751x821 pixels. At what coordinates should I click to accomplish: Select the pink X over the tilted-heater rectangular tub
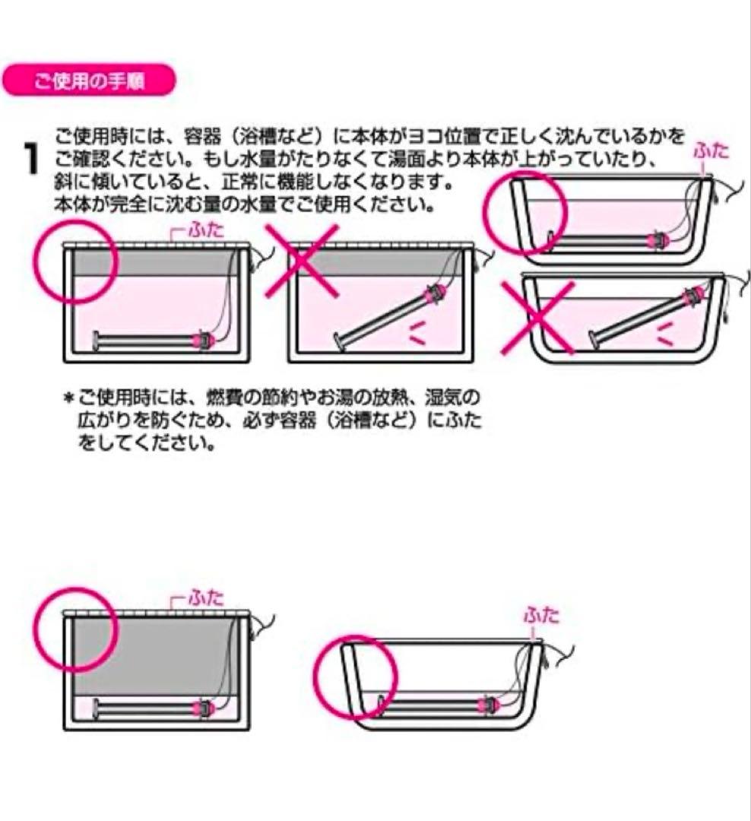(x=303, y=261)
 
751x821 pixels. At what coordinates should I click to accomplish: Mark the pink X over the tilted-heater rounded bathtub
(x=537, y=316)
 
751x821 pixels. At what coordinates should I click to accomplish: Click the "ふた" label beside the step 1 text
(x=710, y=151)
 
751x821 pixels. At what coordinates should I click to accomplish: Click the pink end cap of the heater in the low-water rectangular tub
(x=204, y=707)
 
